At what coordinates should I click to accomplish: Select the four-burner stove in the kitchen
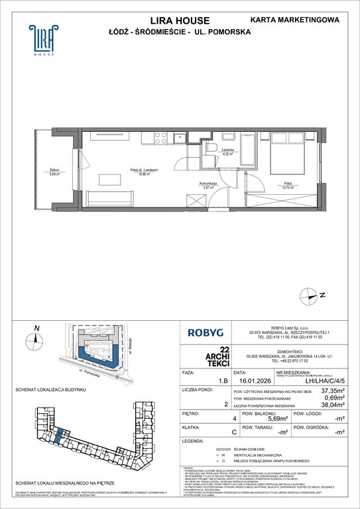click(160, 138)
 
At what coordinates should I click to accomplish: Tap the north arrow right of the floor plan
click(322, 294)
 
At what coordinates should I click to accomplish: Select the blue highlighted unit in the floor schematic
click(58, 437)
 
